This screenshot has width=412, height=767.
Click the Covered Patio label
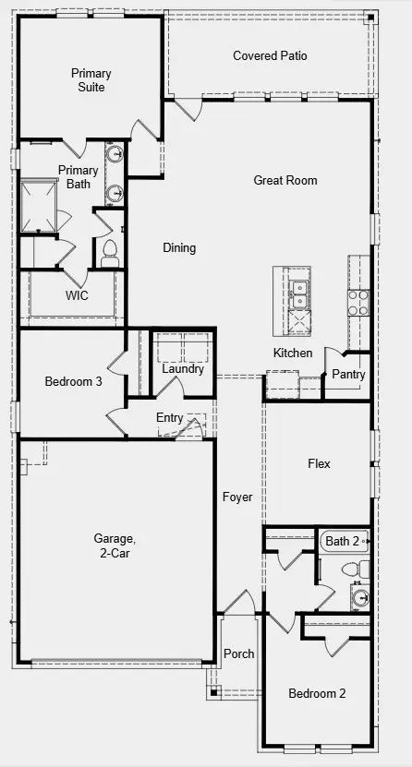(x=270, y=56)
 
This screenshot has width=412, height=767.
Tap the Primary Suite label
(x=91, y=80)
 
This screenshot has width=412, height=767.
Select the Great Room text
(x=285, y=181)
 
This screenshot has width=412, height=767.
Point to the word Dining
(x=179, y=247)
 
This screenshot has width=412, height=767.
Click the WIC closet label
(x=77, y=296)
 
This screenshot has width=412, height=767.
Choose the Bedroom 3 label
(x=73, y=381)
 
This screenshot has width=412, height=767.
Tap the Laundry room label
(x=183, y=369)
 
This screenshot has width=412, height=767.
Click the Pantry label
(x=348, y=375)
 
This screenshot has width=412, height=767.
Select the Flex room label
(x=319, y=463)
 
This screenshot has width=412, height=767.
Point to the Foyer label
(x=237, y=497)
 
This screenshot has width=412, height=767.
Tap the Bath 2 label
(x=341, y=541)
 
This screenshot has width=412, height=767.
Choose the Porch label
(x=239, y=654)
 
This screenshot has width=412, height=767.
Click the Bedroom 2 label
(x=317, y=693)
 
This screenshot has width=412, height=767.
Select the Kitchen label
(x=293, y=354)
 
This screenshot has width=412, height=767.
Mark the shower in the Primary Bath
(x=42, y=205)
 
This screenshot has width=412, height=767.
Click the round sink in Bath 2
(x=359, y=597)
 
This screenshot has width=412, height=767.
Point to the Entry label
(x=169, y=418)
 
